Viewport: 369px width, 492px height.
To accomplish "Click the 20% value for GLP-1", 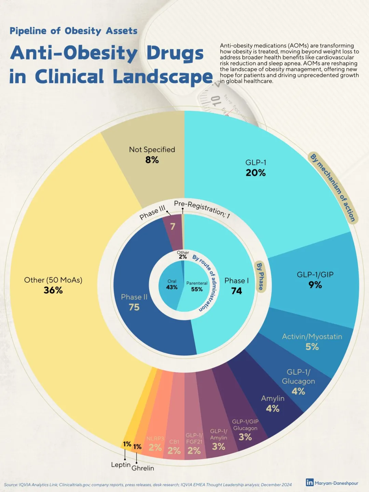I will point(256,173).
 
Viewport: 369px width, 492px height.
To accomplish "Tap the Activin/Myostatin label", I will point(312,337).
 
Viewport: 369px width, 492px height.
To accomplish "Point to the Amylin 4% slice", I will point(273,403).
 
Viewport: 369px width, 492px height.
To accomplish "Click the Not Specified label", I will point(152,150).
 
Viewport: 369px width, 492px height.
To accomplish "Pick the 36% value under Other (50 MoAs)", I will point(53,290).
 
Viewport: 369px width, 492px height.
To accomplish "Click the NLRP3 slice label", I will point(155,439).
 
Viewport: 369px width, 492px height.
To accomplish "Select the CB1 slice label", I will point(174,442).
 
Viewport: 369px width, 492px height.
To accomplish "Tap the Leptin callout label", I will point(121,465).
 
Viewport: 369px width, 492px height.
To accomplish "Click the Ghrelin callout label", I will point(143,468).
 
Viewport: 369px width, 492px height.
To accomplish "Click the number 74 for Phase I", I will point(236,291).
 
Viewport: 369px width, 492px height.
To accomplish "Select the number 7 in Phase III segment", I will point(173,226).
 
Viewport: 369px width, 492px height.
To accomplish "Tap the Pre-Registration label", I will point(202,209).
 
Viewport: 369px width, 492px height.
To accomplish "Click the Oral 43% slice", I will point(172,284).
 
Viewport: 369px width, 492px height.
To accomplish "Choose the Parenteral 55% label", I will point(197,286).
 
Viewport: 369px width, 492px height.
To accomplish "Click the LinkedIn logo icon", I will point(310,482).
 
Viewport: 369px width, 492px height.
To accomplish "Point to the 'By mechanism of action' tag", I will point(333,187).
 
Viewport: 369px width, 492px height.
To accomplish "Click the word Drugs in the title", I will point(175,53).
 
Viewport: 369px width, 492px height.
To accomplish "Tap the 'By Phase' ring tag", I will point(260,276).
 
